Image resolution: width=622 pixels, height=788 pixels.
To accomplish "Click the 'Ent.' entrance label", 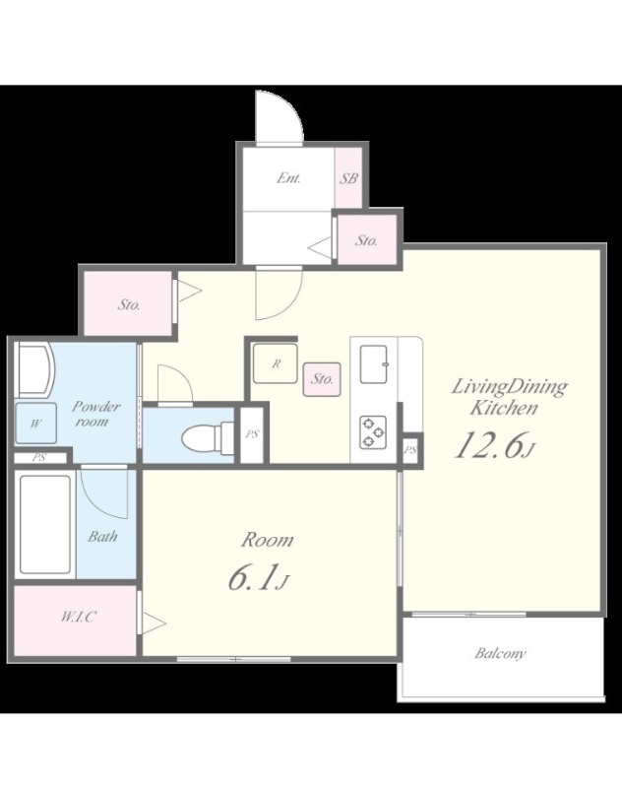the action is (288, 178).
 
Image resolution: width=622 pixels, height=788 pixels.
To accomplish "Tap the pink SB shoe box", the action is (348, 178).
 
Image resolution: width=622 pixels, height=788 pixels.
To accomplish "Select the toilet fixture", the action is (207, 437).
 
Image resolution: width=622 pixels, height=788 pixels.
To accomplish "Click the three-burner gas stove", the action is (373, 431).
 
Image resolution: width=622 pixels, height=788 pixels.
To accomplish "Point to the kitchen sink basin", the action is (374, 362).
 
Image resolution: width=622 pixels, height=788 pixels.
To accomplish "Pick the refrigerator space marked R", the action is (276, 362).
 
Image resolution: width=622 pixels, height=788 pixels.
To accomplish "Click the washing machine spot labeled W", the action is (35, 424).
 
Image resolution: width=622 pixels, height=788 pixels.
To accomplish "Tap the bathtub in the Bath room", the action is (44, 524).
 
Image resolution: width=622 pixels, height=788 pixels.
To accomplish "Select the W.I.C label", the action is (79, 617).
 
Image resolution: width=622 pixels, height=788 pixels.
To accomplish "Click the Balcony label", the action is (500, 653).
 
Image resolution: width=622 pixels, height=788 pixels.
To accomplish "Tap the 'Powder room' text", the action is (95, 414).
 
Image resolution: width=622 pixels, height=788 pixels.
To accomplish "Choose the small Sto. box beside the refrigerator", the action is (322, 378).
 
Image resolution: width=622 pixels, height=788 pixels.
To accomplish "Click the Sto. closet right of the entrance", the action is (367, 240).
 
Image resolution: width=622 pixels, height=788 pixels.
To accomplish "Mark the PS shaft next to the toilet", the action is (252, 434).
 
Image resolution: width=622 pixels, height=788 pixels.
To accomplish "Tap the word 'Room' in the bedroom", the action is (268, 540).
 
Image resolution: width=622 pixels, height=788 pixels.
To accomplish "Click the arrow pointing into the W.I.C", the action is (154, 624).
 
